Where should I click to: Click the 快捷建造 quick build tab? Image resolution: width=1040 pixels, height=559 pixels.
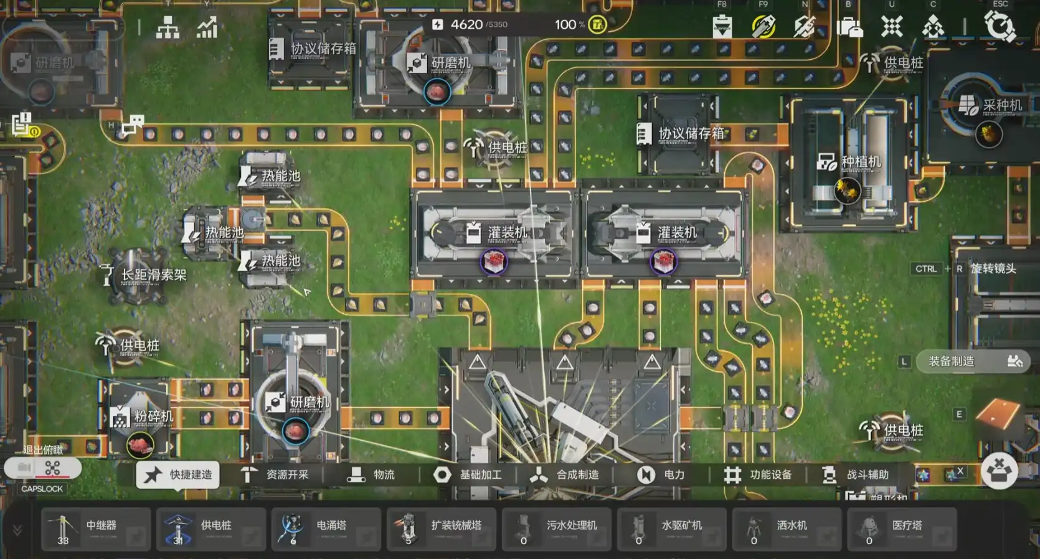178,475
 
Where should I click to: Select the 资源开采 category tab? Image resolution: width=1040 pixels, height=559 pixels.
275,475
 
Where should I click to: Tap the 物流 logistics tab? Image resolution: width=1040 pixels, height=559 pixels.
372,475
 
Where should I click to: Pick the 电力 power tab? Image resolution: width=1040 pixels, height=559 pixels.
661,475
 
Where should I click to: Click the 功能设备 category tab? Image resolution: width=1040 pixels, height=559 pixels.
758,475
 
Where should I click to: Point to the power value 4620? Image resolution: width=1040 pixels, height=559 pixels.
466,24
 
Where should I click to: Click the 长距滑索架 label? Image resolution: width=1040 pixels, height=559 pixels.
153,275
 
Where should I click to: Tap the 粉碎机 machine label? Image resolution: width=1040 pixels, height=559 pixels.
153,416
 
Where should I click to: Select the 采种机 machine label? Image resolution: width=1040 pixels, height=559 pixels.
1002,105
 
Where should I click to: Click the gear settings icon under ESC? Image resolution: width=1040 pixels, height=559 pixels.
1000,27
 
